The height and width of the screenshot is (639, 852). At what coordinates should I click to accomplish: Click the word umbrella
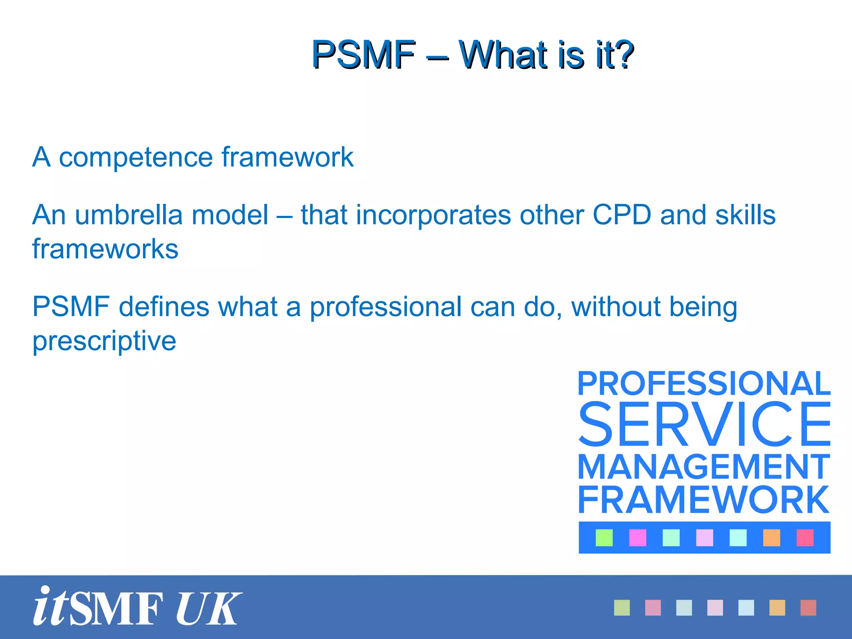coord(129,215)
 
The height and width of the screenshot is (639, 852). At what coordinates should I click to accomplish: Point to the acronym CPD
coord(622,215)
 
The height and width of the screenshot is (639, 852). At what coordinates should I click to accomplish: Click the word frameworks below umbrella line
coord(105,249)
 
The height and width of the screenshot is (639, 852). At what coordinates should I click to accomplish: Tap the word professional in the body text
coord(386,307)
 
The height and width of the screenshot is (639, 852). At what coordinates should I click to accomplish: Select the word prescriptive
coord(104,342)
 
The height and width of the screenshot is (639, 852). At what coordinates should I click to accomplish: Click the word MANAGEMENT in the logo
coord(704,467)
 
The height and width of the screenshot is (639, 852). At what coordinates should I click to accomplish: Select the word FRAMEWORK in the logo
coord(704,500)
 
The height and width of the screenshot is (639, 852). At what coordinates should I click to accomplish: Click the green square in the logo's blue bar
coord(604,537)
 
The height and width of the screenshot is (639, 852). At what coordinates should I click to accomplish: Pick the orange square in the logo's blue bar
coord(771,537)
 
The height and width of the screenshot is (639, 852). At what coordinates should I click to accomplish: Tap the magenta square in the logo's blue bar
coord(637,537)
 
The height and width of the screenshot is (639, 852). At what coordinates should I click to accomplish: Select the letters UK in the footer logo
coord(208,608)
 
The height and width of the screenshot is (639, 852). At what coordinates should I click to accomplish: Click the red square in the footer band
coord(808,608)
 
